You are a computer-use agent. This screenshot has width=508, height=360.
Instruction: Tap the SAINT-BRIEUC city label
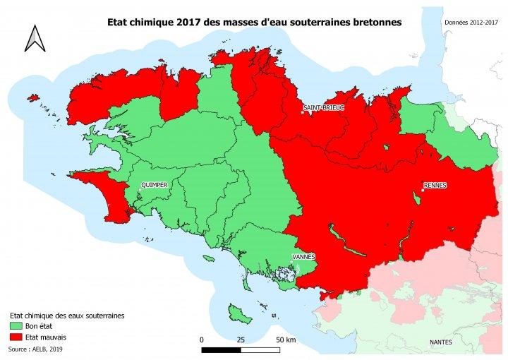click(323, 108)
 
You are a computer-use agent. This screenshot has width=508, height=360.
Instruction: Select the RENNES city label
click(435, 186)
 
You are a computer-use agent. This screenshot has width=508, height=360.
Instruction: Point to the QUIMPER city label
click(154, 185)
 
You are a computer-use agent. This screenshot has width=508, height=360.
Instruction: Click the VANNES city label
click(303, 256)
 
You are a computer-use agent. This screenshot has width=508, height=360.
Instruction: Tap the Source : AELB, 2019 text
click(35, 349)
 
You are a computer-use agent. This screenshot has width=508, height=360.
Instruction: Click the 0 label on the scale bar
click(202, 340)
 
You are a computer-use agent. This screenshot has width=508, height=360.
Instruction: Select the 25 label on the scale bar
click(241, 340)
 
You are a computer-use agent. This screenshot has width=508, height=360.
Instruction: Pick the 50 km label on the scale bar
click(286, 340)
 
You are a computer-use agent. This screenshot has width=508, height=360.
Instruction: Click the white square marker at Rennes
click(423, 190)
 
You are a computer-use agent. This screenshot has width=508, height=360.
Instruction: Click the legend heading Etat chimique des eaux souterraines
click(67, 316)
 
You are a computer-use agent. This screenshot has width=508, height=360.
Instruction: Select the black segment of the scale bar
click(221, 349)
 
